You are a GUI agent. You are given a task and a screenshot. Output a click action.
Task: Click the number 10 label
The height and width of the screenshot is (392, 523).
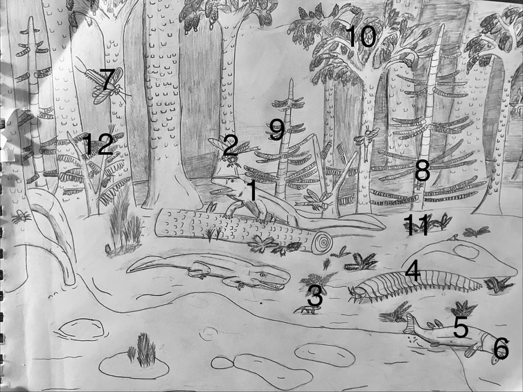point(362,37)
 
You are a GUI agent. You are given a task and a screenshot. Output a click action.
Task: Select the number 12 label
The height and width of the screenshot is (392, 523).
point(98,144)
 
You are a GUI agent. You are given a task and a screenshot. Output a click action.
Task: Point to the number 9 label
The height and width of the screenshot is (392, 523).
point(277,130)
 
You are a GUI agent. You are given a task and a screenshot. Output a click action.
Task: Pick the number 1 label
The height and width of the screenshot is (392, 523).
point(252,190)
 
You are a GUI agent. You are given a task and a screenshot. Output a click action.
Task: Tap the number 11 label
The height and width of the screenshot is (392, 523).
point(416,225)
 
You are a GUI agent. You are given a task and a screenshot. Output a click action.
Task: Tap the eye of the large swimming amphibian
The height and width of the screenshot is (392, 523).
point(263,275)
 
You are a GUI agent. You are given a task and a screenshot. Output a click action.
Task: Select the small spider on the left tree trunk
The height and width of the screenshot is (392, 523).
point(21,216)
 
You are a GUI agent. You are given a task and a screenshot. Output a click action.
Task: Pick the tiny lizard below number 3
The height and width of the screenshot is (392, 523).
point(306,310)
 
